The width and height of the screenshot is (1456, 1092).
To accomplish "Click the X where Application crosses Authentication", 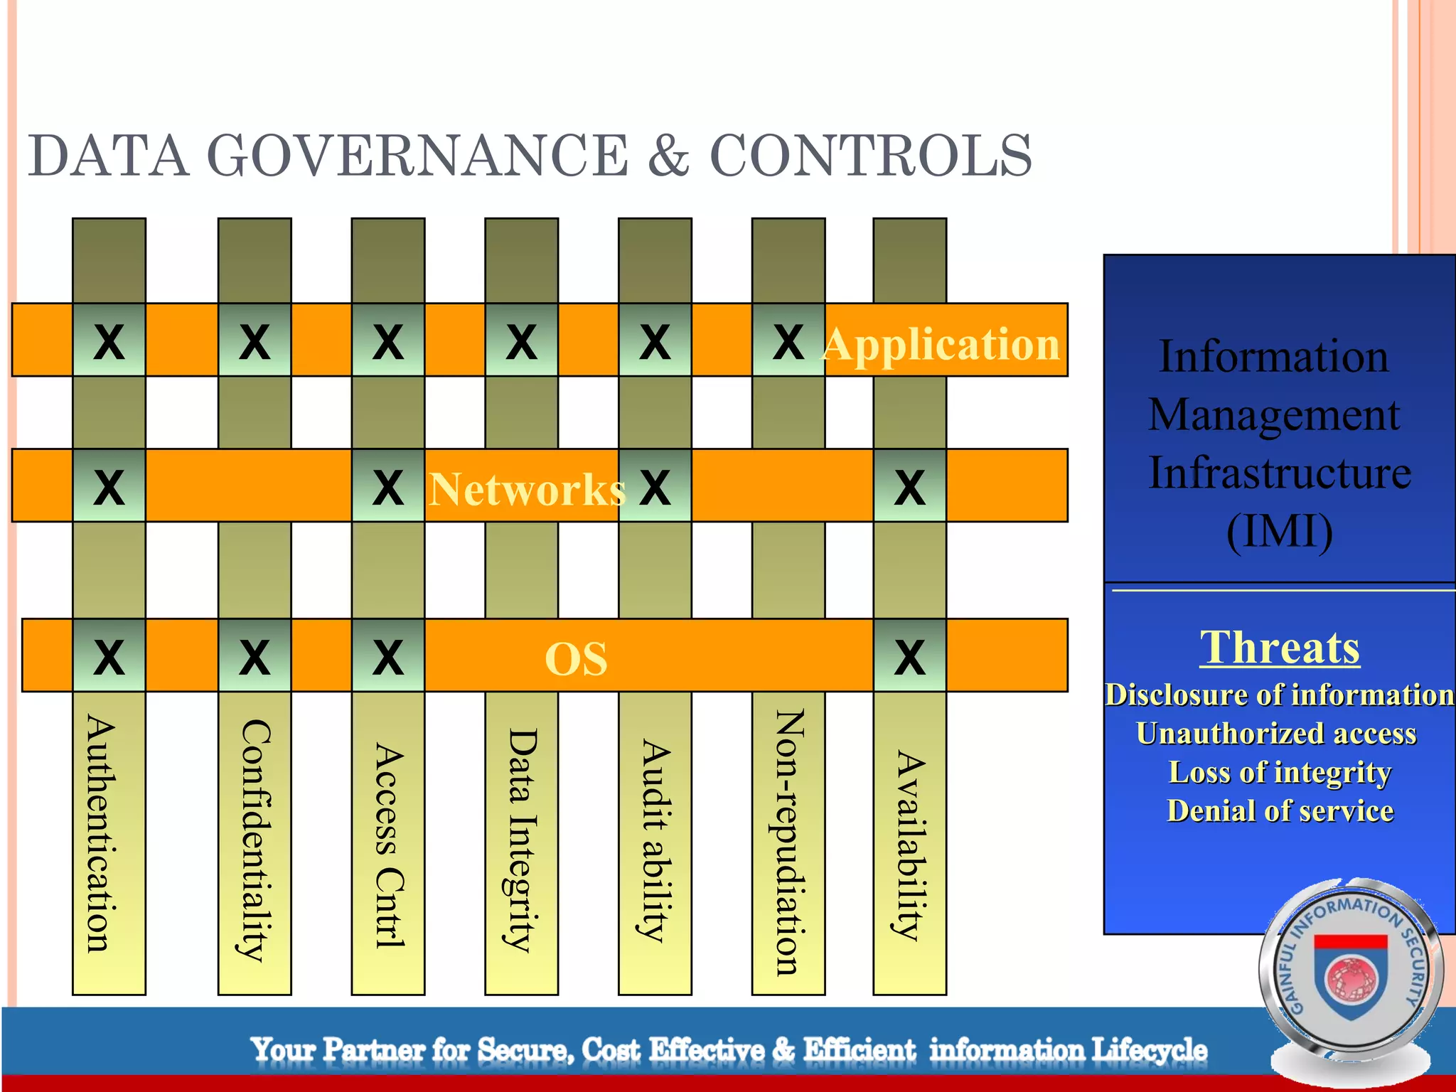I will (x=109, y=342).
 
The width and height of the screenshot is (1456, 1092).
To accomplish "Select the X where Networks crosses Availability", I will (x=909, y=487).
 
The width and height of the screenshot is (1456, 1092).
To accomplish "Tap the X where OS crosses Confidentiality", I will (x=254, y=656).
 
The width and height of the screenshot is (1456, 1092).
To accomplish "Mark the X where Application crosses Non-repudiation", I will (x=788, y=342).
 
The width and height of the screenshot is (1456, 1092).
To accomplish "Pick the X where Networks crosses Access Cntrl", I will (x=387, y=487).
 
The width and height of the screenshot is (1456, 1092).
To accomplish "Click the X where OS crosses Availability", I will (x=909, y=656).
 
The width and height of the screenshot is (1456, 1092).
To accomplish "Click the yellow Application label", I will (x=941, y=345).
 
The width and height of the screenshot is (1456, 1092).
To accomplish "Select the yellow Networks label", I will (x=527, y=490).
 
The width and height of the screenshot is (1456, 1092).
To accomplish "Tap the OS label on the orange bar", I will (x=576, y=659).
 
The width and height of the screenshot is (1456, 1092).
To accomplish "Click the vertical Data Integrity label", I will (x=522, y=839).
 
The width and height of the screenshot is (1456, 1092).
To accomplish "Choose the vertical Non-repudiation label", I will (x=789, y=842).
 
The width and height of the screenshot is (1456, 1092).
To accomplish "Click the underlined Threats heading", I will (x=1280, y=648).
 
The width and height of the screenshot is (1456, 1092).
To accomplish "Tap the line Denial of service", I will (x=1280, y=811).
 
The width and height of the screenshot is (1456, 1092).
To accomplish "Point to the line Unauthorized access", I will (x=1276, y=734).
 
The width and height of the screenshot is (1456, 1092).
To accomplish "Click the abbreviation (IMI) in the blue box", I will (x=1280, y=531).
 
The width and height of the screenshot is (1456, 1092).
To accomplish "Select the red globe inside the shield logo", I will (x=1351, y=978).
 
